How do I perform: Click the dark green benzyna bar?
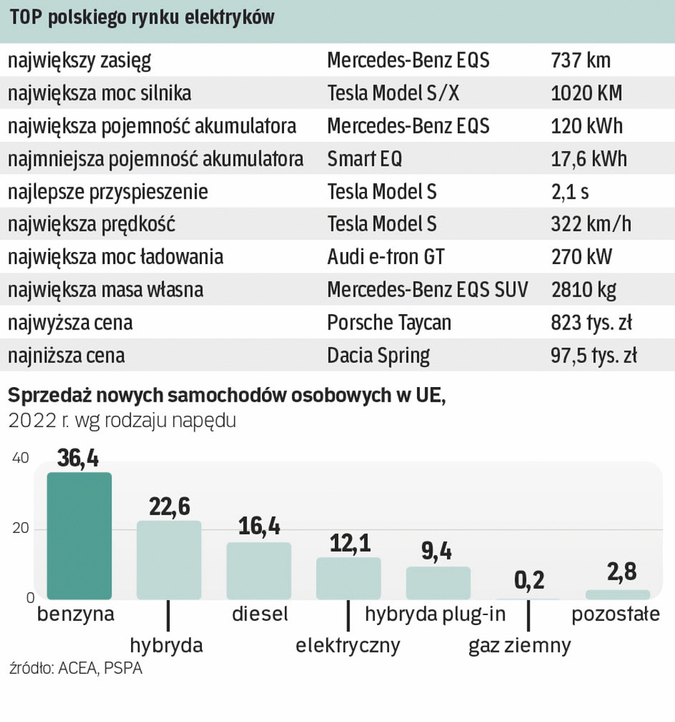[79, 535]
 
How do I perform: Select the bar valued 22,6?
[169, 560]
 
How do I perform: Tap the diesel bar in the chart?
[259, 570]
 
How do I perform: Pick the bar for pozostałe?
[618, 594]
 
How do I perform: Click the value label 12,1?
[349, 544]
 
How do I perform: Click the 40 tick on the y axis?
[20, 458]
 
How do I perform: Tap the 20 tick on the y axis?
[20, 529]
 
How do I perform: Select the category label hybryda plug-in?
[436, 614]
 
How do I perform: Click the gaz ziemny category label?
[520, 646]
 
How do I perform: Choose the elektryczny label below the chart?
[348, 646]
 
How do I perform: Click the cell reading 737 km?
[581, 61]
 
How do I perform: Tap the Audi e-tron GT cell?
[386, 257]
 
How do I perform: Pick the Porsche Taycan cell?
[389, 323]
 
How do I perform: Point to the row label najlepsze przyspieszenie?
[108, 192]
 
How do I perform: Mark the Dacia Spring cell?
[378, 356]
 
